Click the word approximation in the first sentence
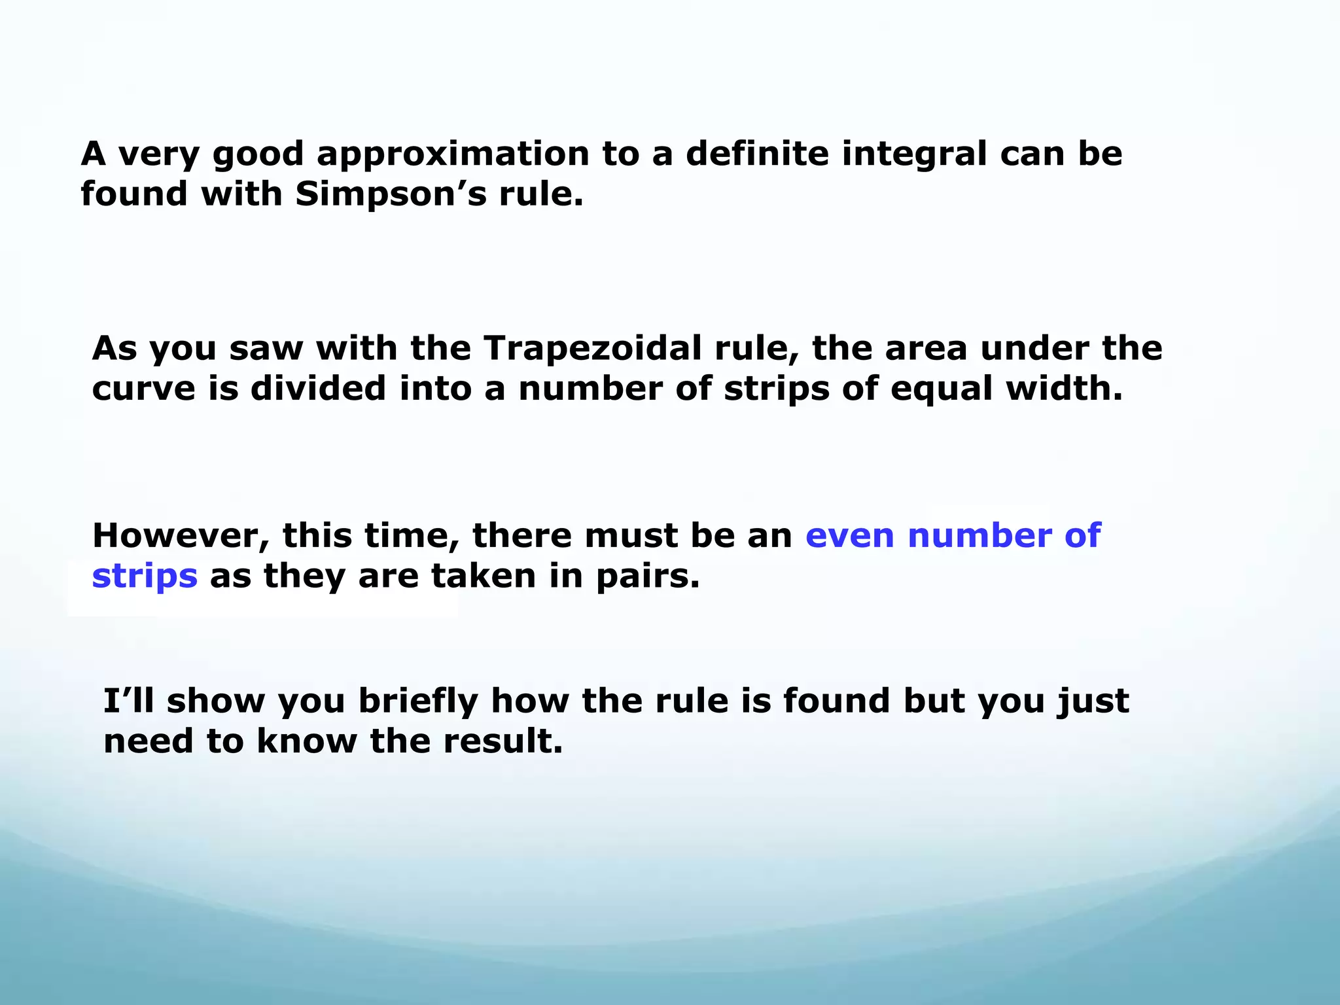[x=453, y=154]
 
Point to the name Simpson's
[x=391, y=194]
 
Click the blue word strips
[x=145, y=577]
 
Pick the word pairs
[x=648, y=576]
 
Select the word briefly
[x=419, y=702]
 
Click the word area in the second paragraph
[x=926, y=349]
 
